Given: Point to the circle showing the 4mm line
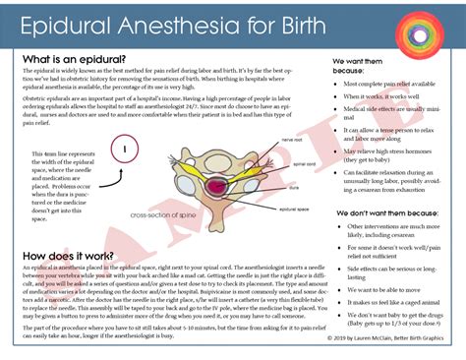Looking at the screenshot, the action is point(126,152).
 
